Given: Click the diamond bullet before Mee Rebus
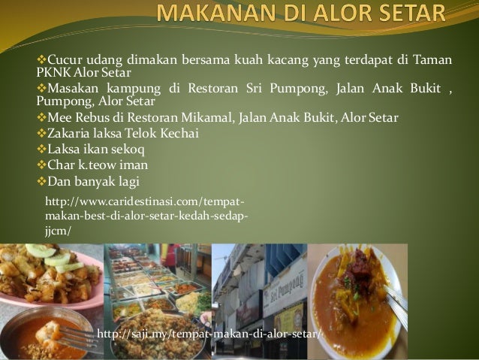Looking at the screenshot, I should (41, 118).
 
